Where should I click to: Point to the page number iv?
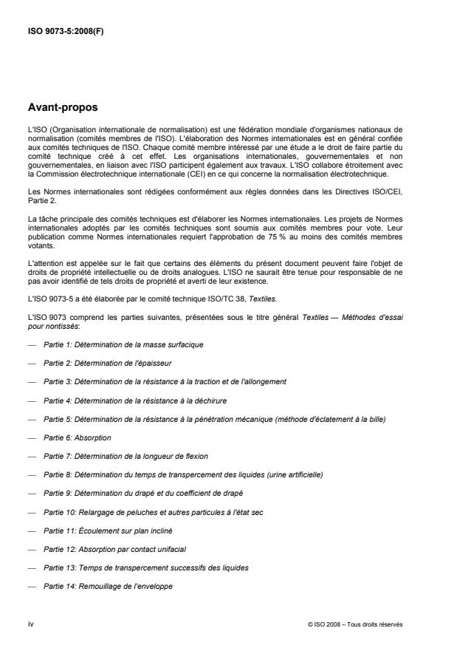(30, 624)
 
